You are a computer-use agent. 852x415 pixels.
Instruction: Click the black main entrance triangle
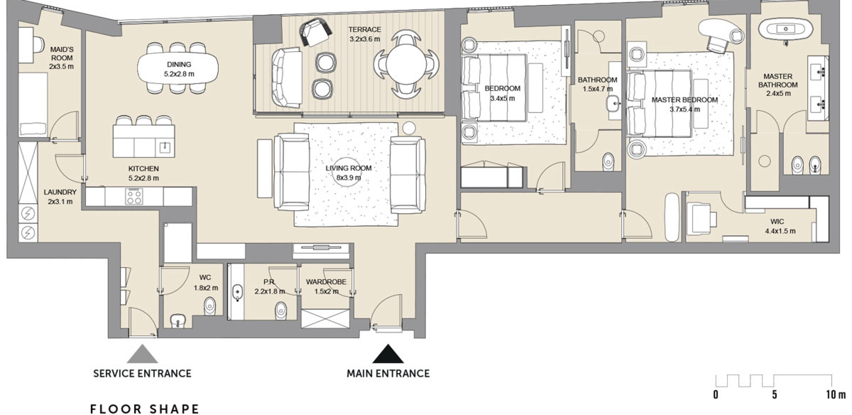(x=388, y=354)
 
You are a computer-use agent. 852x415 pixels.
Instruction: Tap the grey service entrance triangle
(x=142, y=354)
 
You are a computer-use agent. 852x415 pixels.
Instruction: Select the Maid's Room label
(x=62, y=54)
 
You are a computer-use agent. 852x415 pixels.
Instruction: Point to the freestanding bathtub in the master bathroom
(x=785, y=29)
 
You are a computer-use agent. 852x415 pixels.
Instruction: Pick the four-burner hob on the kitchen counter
(x=134, y=196)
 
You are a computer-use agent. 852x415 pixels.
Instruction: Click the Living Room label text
(x=348, y=168)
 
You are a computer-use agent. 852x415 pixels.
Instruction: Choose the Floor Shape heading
(x=145, y=409)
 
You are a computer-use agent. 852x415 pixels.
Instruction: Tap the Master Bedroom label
(x=685, y=100)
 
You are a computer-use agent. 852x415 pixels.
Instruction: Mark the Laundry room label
(x=60, y=192)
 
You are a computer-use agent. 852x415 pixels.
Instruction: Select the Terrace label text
(x=365, y=30)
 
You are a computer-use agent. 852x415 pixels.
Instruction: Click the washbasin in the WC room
(x=177, y=320)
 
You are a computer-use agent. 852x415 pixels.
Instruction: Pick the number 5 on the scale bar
(x=774, y=395)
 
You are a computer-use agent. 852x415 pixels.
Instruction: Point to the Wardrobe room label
(x=326, y=282)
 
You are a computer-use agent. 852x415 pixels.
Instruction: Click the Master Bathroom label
(x=778, y=81)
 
